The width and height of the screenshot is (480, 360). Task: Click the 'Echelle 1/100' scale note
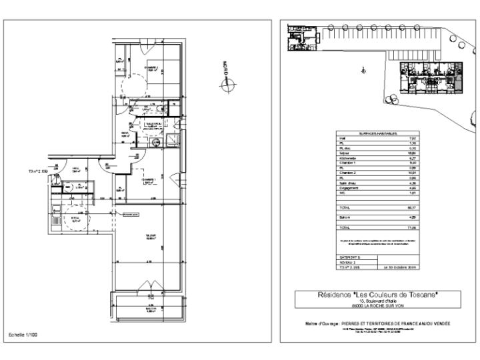pos(23,333)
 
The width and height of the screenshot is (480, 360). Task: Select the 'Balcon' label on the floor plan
pos(152,309)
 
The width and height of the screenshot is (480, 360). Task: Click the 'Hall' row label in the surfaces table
pos(343,139)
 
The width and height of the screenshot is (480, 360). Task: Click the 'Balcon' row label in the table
pos(346,217)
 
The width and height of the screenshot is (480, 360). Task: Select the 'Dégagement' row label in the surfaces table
pos(350,188)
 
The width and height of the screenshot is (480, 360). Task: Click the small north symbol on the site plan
pos(363,69)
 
